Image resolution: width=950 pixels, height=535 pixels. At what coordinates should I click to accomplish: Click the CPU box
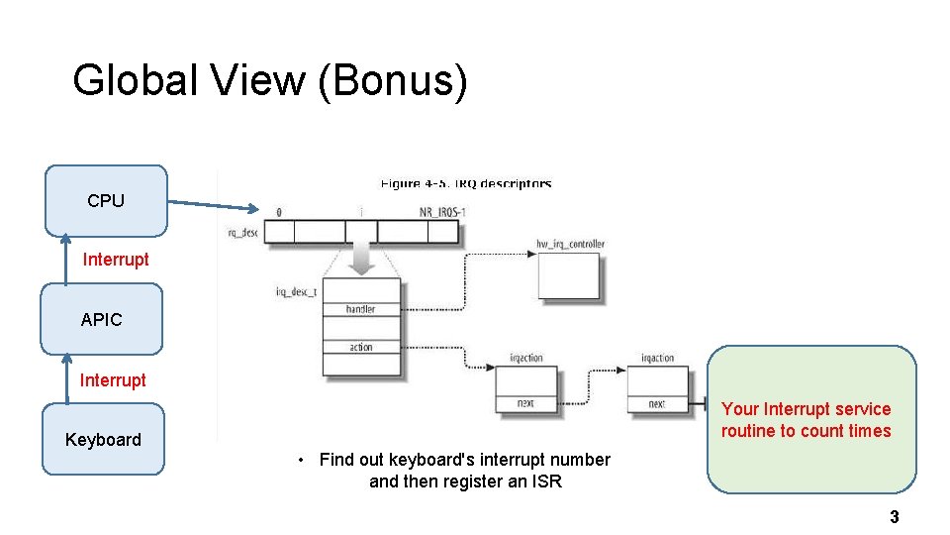tap(106, 200)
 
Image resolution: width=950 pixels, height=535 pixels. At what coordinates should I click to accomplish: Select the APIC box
tap(102, 319)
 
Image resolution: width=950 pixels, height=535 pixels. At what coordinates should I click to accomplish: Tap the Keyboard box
tap(103, 439)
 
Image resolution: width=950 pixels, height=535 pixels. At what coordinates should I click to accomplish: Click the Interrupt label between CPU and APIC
tap(116, 260)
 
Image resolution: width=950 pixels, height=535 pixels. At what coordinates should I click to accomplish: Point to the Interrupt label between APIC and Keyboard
tap(113, 380)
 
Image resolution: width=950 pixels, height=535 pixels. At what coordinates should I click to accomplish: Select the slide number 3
tap(894, 516)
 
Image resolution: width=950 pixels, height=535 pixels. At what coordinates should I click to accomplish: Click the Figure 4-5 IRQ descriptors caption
tap(466, 183)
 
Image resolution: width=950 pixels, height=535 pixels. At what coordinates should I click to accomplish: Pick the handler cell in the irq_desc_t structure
tap(361, 309)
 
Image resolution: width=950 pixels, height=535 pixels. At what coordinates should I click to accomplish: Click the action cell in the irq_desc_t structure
tap(361, 347)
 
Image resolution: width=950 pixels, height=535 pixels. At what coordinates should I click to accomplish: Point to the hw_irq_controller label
tap(570, 244)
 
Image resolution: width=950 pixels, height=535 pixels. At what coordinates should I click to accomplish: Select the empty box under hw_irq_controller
tap(568, 275)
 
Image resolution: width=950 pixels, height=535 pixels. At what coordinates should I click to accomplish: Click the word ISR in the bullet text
tap(547, 482)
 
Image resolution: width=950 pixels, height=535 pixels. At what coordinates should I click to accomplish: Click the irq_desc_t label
tap(296, 291)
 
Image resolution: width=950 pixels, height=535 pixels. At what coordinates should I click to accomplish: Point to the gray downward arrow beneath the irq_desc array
tap(361, 259)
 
